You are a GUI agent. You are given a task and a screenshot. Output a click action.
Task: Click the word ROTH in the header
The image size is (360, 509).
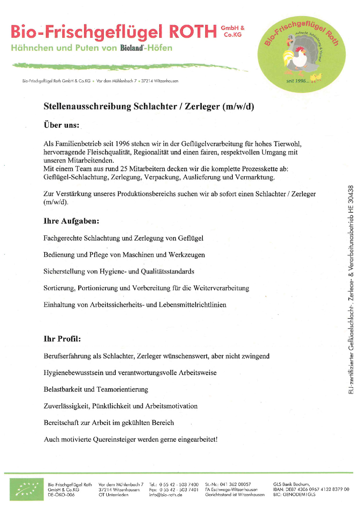tap(193, 32)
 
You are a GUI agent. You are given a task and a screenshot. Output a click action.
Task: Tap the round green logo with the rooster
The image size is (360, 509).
tap(301, 54)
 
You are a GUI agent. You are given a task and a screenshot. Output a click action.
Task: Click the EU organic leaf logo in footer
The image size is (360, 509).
tap(24, 489)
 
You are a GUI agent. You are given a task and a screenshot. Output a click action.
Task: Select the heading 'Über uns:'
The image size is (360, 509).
tap(61, 125)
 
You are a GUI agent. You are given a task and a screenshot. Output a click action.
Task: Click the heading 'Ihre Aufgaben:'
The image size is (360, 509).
tap(71, 221)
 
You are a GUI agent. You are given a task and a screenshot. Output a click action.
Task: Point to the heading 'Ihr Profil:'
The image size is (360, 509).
tap(62, 339)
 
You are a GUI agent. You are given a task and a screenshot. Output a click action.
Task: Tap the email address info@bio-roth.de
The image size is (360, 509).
tap(165, 495)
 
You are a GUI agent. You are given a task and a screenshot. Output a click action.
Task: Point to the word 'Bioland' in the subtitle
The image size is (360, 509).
tap(131, 48)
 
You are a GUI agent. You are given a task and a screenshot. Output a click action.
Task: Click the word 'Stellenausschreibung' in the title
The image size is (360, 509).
tap(87, 106)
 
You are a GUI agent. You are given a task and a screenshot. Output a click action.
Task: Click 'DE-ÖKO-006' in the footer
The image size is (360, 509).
tap(61, 495)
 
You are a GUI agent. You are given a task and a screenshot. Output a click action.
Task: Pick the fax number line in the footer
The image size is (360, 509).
tap(174, 490)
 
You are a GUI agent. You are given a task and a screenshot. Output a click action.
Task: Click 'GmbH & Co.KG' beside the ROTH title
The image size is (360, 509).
tap(233, 31)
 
